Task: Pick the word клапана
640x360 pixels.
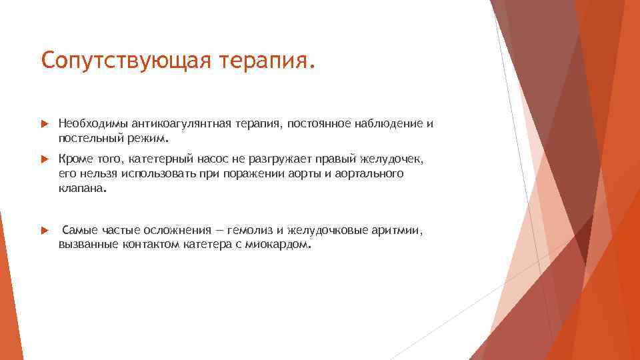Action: (81, 189)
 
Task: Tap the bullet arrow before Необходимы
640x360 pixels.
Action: (44, 124)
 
